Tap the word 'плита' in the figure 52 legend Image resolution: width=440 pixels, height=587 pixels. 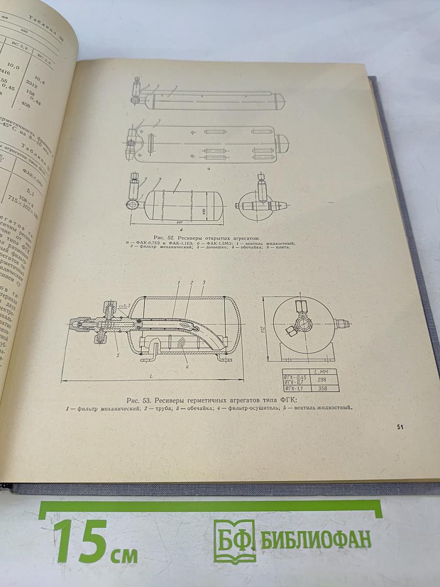coord(283,248)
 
